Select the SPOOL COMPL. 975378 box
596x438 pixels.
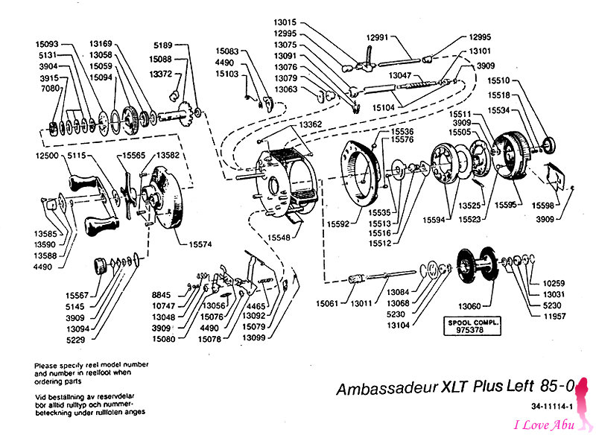(x=473, y=326)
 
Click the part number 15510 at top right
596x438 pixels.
(x=499, y=80)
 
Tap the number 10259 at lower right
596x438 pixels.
(x=555, y=285)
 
